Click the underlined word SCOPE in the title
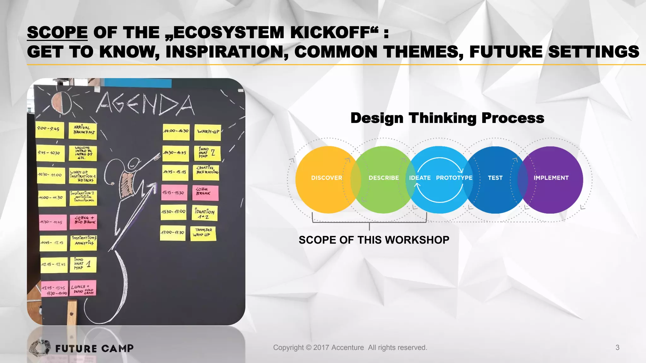click(57, 33)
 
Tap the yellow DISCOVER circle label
click(326, 178)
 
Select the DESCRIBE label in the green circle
click(384, 178)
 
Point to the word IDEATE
click(420, 178)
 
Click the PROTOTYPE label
click(454, 178)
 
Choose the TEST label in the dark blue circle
click(495, 178)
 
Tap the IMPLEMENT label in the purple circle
click(551, 178)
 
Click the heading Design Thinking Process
click(447, 118)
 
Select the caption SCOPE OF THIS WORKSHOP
click(374, 240)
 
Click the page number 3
click(617, 348)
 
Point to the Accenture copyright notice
click(350, 348)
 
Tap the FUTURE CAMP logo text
click(94, 349)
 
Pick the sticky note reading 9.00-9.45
click(50, 130)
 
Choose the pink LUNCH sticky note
click(83, 288)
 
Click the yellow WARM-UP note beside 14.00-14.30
click(208, 132)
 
